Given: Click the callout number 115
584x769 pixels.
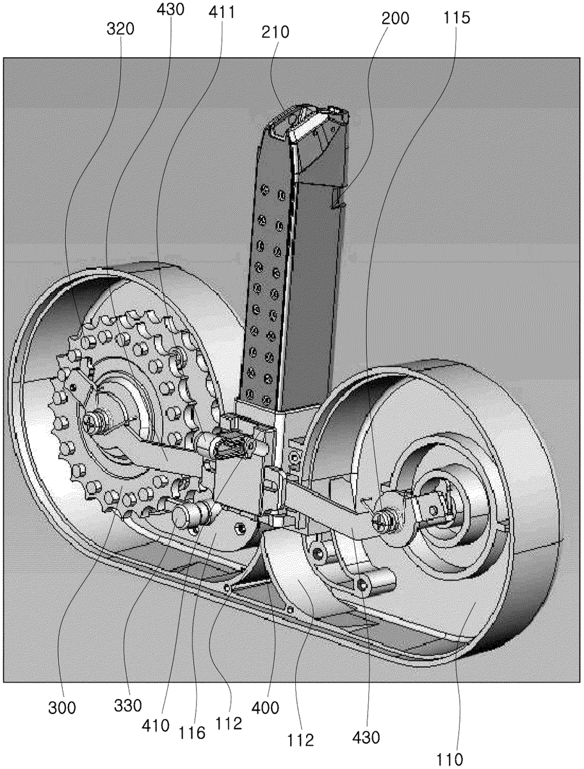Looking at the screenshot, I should [x=458, y=18].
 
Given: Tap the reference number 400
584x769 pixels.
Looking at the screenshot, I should [x=266, y=707].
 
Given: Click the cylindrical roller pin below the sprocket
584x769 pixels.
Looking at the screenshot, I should [x=192, y=513].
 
